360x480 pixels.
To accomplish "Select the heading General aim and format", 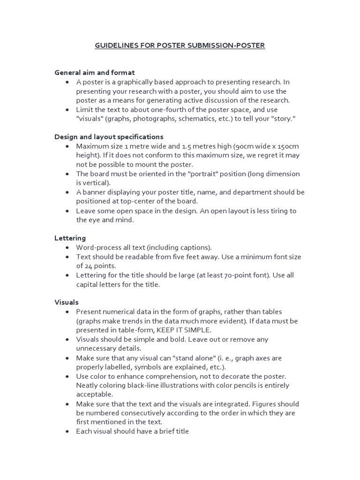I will coord(95,73).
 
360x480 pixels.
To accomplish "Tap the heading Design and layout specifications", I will coord(109,137).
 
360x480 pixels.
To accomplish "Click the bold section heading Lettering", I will coord(70,238).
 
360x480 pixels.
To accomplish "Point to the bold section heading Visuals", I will coord(67,302).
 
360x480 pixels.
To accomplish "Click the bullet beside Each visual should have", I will coord(67,431).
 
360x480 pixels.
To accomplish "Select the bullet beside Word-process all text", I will coord(67,247).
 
